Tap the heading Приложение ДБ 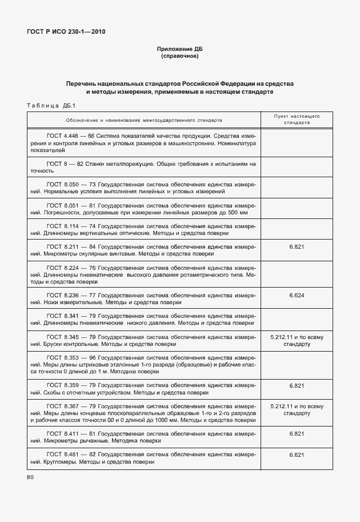[x=180, y=50]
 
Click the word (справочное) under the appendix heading [x=180, y=57]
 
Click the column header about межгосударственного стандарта [x=143, y=120]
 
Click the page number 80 [x=30, y=477]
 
